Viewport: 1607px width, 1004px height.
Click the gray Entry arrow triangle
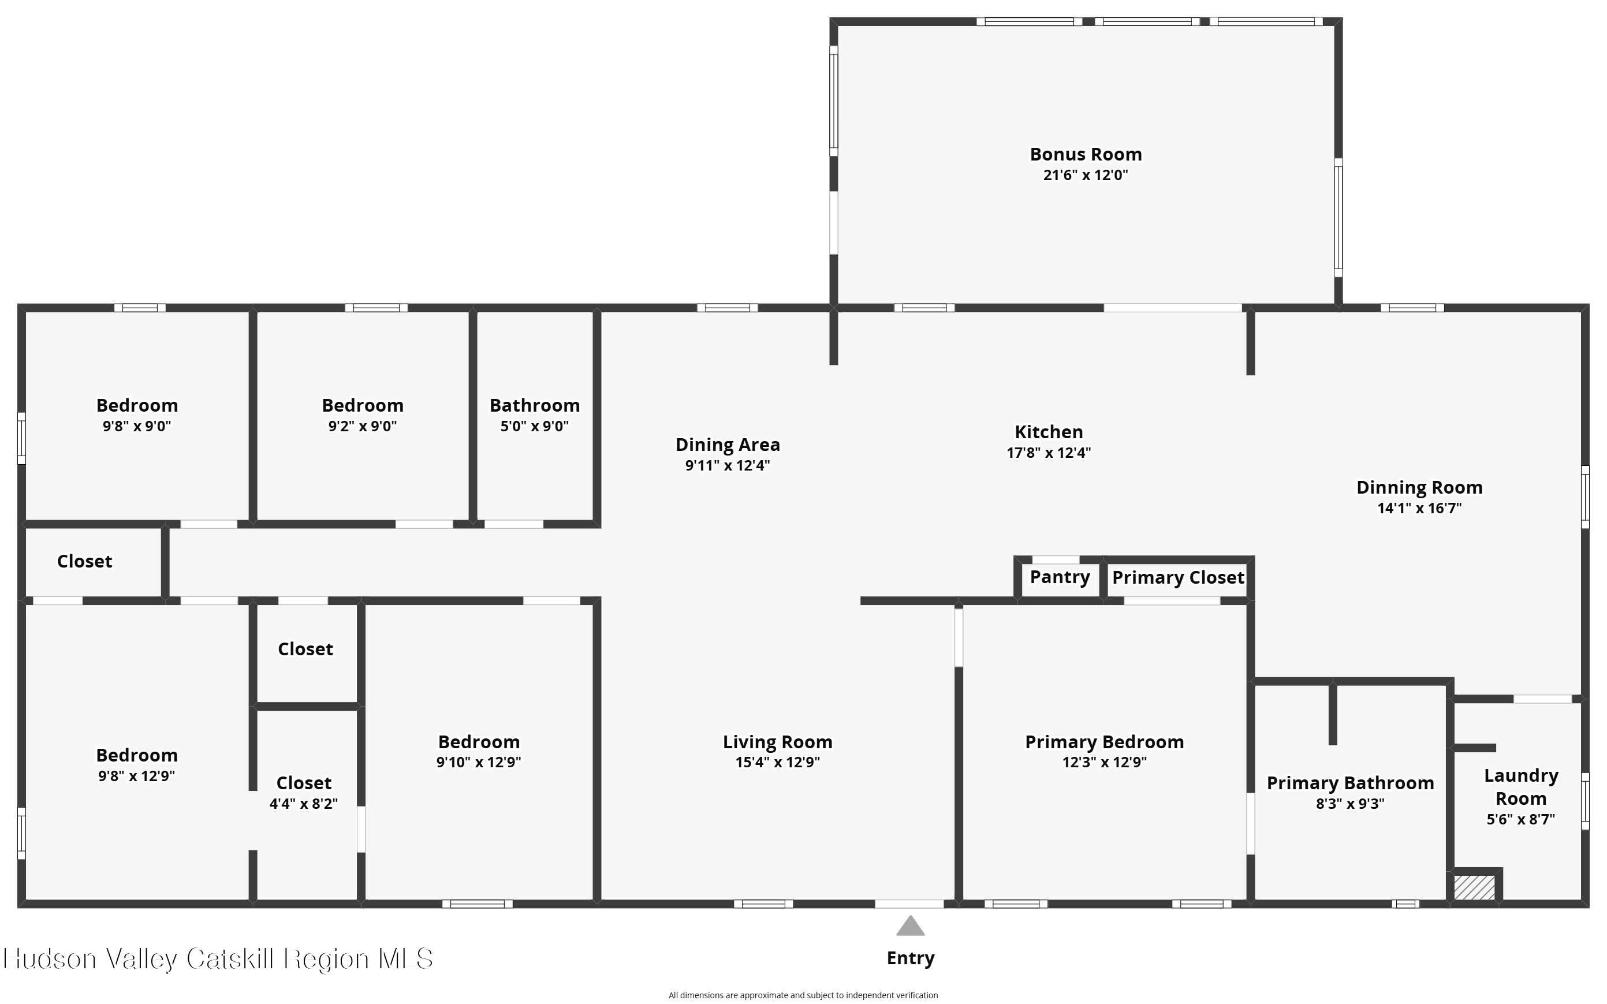click(x=911, y=926)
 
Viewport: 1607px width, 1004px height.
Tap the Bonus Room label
click(x=1086, y=154)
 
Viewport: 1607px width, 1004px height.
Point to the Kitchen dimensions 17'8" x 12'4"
click(x=1049, y=453)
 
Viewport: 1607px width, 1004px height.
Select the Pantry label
click(x=1060, y=577)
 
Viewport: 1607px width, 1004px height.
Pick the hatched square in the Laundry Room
click(x=1474, y=888)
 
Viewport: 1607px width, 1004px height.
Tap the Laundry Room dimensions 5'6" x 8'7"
click(x=1521, y=819)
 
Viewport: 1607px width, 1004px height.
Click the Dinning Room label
click(x=1419, y=488)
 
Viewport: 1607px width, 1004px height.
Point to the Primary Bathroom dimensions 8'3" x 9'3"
click(x=1350, y=804)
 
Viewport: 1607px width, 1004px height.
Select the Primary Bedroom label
click(x=1104, y=742)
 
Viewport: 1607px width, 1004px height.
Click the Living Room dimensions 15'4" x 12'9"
click(x=778, y=762)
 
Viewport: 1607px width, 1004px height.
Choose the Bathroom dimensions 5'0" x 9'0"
click(x=535, y=426)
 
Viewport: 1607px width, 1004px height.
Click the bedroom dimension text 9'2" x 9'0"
click(x=363, y=426)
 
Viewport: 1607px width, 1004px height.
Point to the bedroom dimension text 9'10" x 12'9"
click(x=479, y=762)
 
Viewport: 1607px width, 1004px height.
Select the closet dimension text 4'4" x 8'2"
click(x=304, y=804)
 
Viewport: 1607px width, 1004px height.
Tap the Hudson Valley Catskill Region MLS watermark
click(x=218, y=959)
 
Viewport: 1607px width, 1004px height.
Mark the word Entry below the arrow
click(x=911, y=958)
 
